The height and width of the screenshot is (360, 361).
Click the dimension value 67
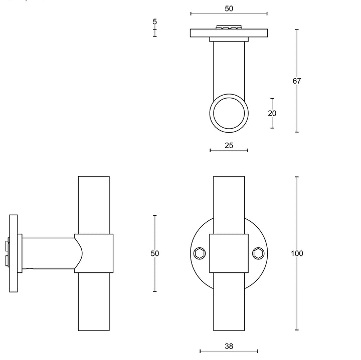[297, 81]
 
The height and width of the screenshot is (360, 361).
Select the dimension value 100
[297, 253]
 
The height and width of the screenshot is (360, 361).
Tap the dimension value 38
[229, 346]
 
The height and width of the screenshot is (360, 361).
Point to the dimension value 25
[229, 146]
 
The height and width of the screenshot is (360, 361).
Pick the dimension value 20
[272, 113]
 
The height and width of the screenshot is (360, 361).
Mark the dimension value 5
[155, 22]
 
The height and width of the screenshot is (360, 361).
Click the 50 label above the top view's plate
[229, 9]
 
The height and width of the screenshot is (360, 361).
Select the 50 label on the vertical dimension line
[155, 253]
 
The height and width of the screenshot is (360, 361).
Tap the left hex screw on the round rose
[200, 253]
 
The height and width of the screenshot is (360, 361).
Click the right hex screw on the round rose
[258, 253]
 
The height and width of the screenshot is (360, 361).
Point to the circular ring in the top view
[229, 113]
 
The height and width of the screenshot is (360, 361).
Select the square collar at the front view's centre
[229, 253]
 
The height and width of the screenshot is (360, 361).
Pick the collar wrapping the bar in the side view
[94, 253]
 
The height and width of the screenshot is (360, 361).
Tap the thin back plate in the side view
[14, 253]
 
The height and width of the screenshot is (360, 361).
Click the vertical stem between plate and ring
[229, 65]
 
